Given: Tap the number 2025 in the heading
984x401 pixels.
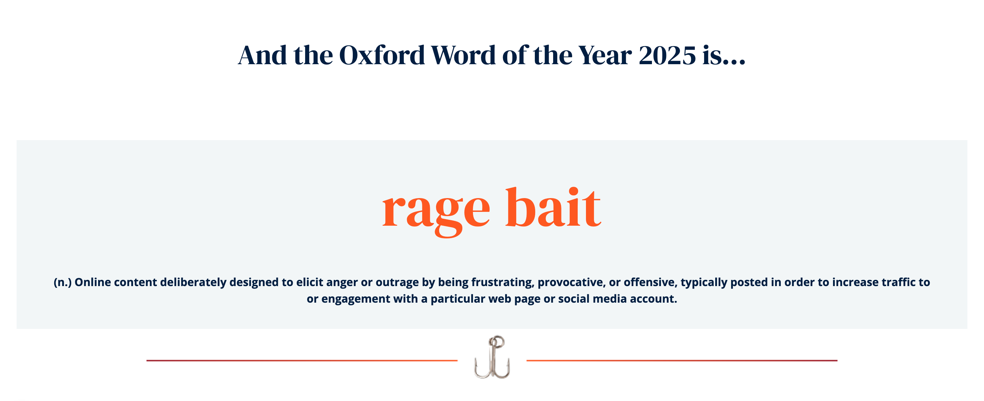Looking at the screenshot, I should (667, 55).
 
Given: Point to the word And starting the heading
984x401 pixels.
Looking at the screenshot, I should (262, 55).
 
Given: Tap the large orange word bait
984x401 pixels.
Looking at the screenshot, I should (553, 208).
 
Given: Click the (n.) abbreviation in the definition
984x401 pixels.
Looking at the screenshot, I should (63, 282).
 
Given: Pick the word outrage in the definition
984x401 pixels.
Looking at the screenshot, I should (397, 282).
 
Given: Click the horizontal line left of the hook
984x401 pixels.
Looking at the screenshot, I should (302, 361).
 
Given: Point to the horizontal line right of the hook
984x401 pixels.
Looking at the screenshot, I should (682, 361).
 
